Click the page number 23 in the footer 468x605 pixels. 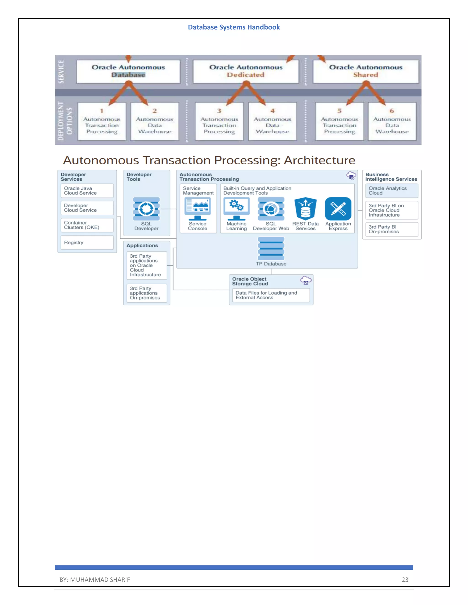coord(405,579)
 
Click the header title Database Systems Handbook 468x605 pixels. coord(234,27)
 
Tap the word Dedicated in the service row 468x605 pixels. coord(246,75)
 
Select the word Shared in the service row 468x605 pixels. coord(365,75)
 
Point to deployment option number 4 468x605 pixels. coord(273,111)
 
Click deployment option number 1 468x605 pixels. coord(102,111)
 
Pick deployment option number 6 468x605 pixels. coord(392,111)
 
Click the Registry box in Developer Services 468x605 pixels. coord(87,242)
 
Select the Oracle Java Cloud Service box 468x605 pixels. coord(87,191)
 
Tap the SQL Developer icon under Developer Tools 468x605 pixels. coord(146,209)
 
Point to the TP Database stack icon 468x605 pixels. coord(271,248)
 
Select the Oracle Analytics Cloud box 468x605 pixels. coord(391,191)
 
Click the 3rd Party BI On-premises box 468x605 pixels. coord(391,229)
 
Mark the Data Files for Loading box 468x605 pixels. coord(271,295)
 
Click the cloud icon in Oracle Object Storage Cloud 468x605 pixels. coord(306,280)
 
